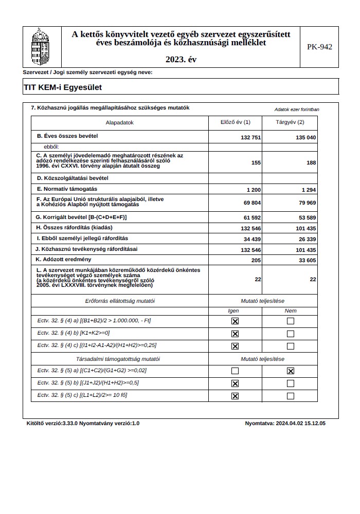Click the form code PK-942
coord(319,47)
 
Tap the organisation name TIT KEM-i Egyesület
coord(63,87)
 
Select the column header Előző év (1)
coord(235,122)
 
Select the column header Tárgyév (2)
coord(290,122)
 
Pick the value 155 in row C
coord(256,162)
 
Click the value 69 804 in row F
coord(250,203)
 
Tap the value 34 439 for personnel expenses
coord(250,240)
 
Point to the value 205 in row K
coord(256,261)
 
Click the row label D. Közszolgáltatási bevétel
coord(73,178)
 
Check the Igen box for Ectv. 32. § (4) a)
coord(235,321)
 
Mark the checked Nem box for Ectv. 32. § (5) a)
coord(291,371)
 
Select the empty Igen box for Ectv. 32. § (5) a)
coord(235,371)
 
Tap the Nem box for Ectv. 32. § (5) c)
coord(291,396)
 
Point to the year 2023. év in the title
coord(181,60)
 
